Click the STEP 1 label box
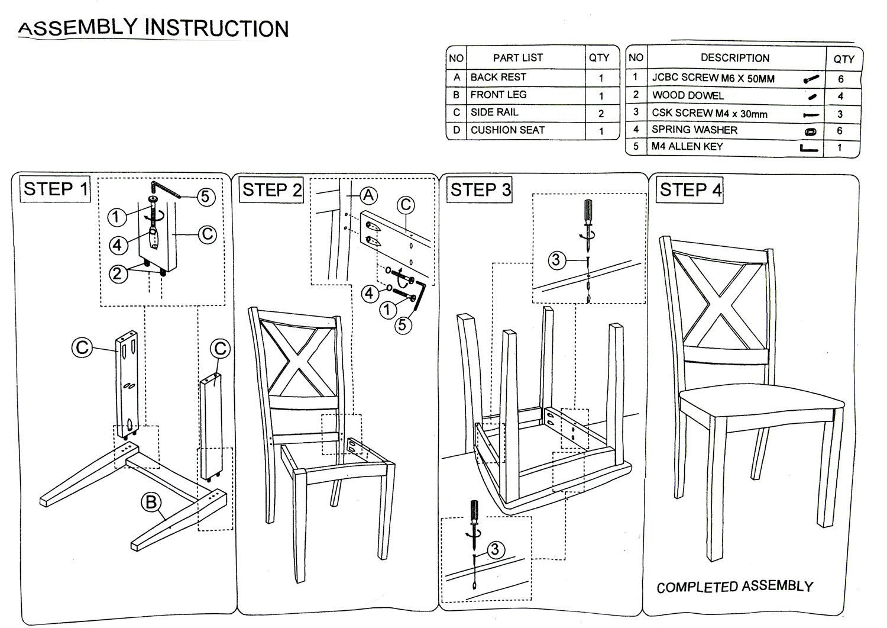click(56, 189)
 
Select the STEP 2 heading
click(272, 190)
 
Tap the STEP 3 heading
click(480, 190)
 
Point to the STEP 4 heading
click(690, 190)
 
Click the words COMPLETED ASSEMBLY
click(734, 587)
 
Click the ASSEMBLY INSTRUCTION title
click(154, 28)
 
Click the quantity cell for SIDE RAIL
click(601, 113)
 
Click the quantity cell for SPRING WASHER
click(840, 131)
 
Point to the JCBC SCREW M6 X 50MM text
click(713, 78)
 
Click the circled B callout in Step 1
click(151, 503)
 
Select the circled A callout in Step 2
click(368, 195)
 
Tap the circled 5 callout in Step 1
click(205, 197)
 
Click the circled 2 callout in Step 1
click(118, 273)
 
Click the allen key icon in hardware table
click(809, 148)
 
